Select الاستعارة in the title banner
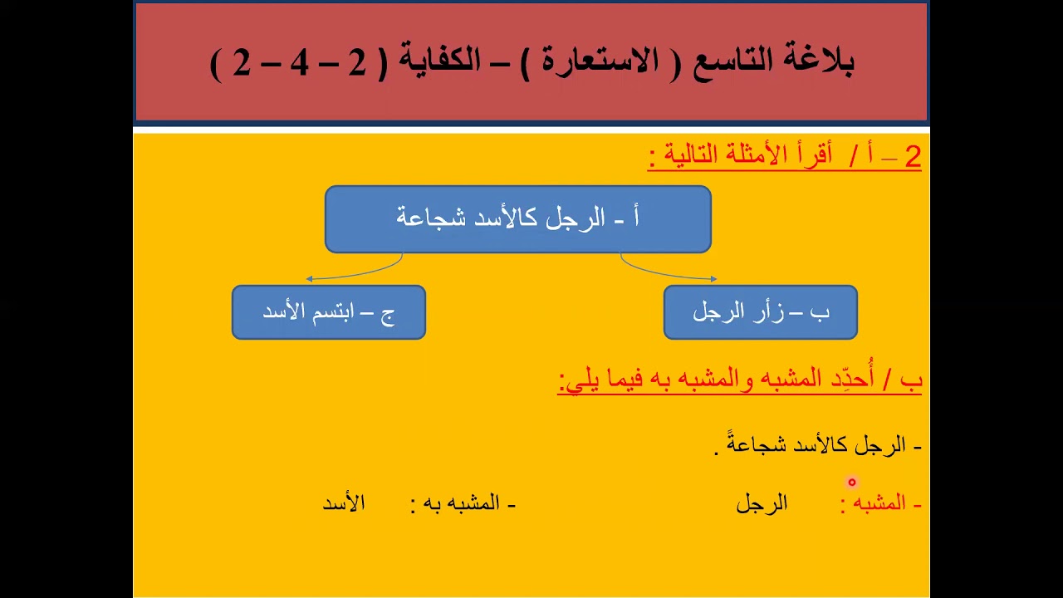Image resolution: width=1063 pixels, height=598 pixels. (593, 61)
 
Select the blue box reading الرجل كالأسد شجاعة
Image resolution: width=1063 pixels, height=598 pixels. (517, 219)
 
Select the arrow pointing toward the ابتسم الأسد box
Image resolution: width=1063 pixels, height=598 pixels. (353, 273)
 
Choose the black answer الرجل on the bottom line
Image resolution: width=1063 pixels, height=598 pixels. (762, 503)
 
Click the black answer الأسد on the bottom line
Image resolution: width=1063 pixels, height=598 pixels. (343, 503)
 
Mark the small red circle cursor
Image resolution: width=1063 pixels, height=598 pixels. (851, 482)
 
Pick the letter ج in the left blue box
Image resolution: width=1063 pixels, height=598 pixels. (388, 314)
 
